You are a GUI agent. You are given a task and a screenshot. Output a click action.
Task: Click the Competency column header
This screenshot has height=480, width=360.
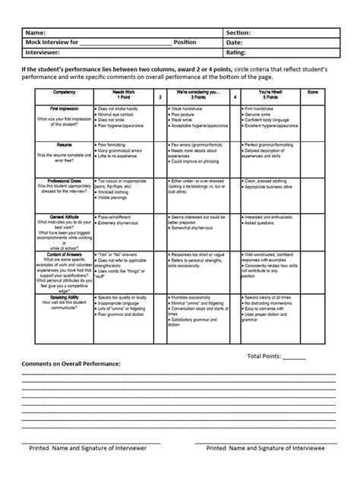point(59,91)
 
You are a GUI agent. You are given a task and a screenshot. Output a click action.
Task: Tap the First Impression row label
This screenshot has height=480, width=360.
point(59,109)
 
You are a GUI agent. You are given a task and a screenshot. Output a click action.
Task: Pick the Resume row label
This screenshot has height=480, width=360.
point(59,144)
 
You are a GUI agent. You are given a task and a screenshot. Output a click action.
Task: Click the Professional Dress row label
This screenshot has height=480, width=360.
point(59,181)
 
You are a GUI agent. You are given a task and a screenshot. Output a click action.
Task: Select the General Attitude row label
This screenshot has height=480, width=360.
point(59,216)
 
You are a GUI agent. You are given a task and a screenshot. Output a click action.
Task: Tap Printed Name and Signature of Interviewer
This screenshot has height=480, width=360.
point(87,449)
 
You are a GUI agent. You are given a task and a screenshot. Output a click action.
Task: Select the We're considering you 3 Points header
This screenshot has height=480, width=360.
point(195,94)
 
